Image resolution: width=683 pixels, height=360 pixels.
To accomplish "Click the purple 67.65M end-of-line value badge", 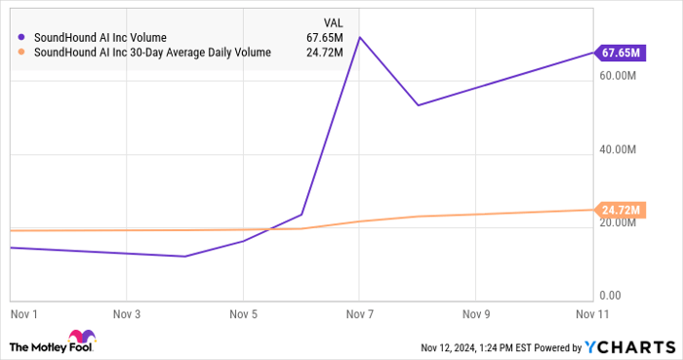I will point(622,52).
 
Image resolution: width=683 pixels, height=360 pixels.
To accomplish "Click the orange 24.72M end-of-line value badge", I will point(622,210).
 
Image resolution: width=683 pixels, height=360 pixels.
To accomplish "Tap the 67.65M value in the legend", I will point(323,38).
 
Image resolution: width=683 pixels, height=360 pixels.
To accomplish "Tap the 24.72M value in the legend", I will point(323,53).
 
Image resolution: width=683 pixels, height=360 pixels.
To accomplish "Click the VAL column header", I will point(332,21).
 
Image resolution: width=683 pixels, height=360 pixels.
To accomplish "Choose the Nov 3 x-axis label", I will point(127,314).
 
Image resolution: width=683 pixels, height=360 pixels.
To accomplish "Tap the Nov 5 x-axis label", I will point(243,314).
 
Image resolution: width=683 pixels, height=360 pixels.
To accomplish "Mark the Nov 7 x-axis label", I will point(359,314).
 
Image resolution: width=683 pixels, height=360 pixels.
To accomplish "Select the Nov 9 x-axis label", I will point(475,314).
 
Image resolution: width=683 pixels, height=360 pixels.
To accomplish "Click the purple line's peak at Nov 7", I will point(359,37).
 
